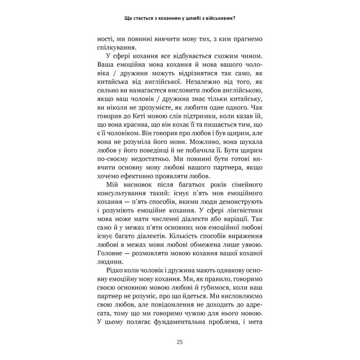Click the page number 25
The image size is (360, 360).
180,342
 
